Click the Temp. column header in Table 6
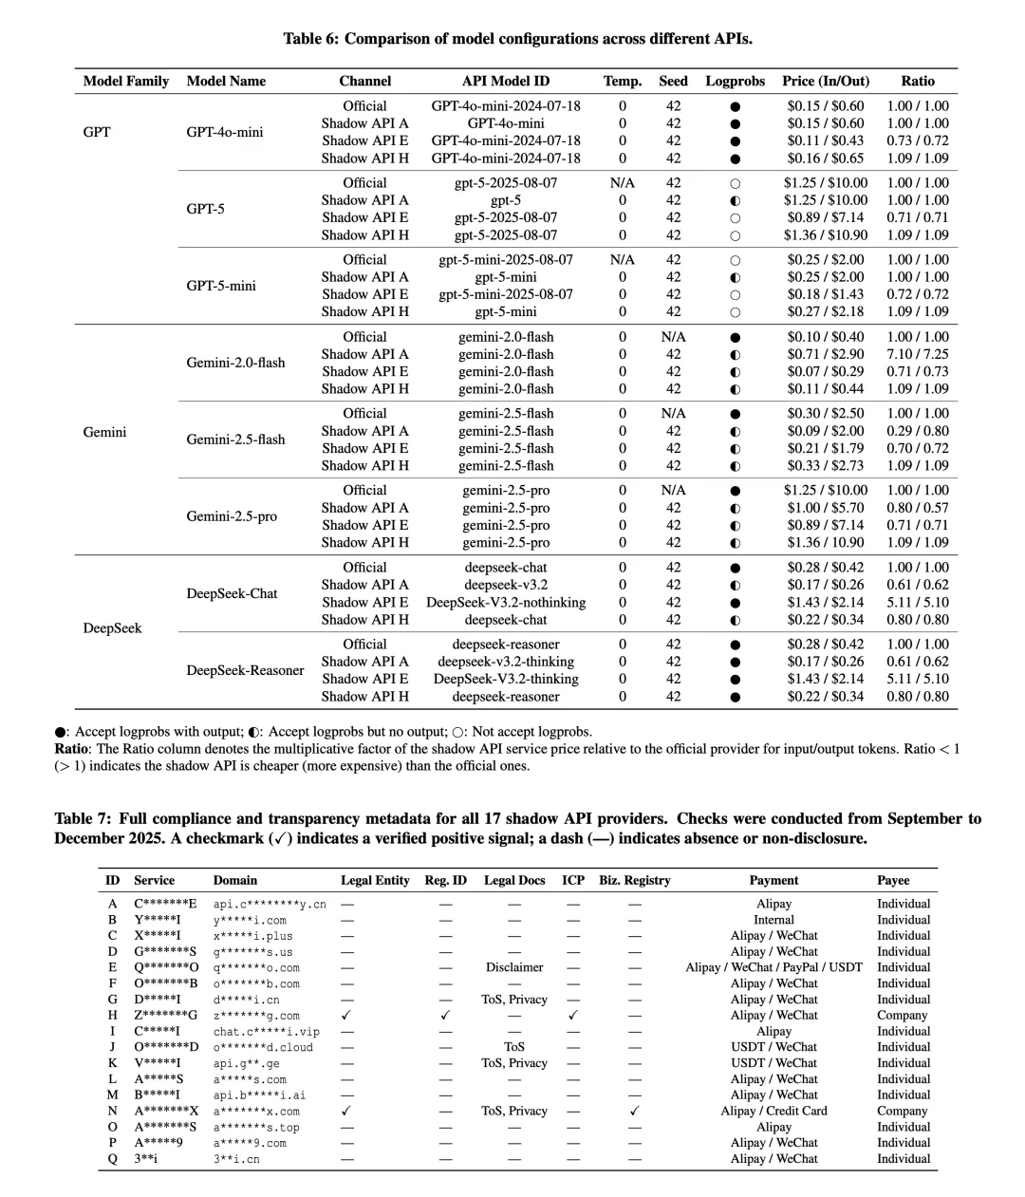pos(623,81)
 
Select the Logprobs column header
pos(735,81)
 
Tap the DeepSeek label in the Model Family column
pos(112,627)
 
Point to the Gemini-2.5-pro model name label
pos(232,516)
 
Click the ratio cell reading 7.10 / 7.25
pos(918,354)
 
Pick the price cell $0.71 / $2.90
pos(826,354)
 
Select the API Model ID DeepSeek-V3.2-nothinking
pos(506,602)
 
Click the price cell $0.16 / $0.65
pos(826,158)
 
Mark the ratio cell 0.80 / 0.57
pos(918,508)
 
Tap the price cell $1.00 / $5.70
pos(826,508)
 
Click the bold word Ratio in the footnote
pos(71,749)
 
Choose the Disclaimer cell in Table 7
pos(514,967)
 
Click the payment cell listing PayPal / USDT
pos(773,967)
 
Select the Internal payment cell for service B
pos(773,920)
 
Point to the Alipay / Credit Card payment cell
pos(773,1111)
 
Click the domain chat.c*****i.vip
pos(267,1032)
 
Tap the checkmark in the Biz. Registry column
pos(634,1111)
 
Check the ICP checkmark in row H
pos(573,1016)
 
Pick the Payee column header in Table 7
pos(893,880)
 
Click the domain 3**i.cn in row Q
pos(236,1159)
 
